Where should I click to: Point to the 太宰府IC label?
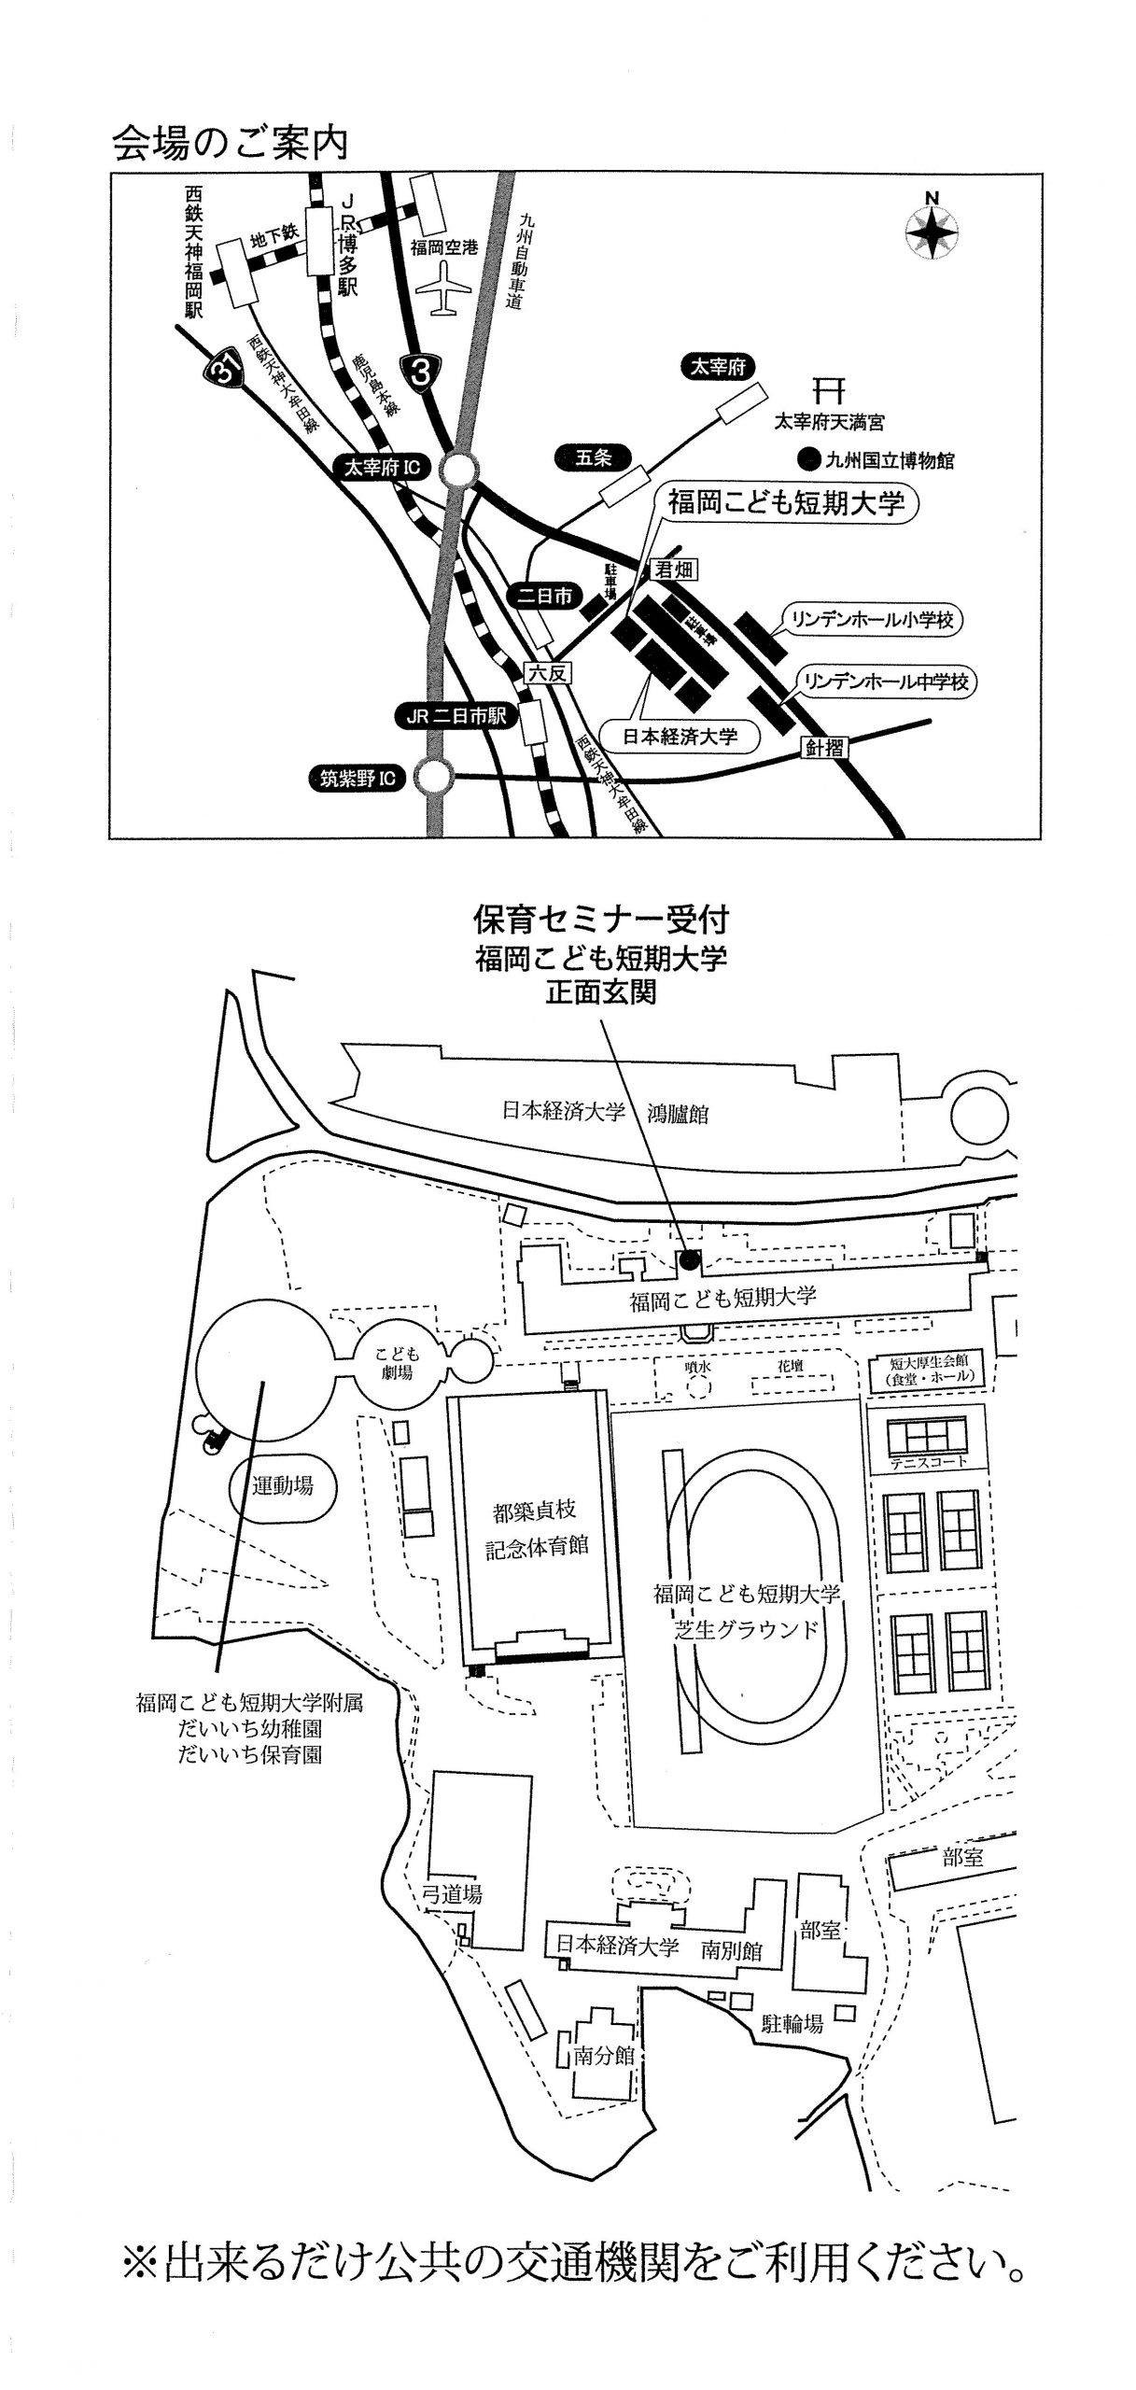pos(383,468)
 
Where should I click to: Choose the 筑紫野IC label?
pos(360,777)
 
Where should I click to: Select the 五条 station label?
pos(593,458)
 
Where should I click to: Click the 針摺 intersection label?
pos(825,747)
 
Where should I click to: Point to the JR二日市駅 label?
pos(450,716)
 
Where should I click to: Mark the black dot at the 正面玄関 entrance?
pos(689,1259)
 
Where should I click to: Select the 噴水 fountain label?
pos(696,1365)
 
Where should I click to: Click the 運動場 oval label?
pos(282,1486)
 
